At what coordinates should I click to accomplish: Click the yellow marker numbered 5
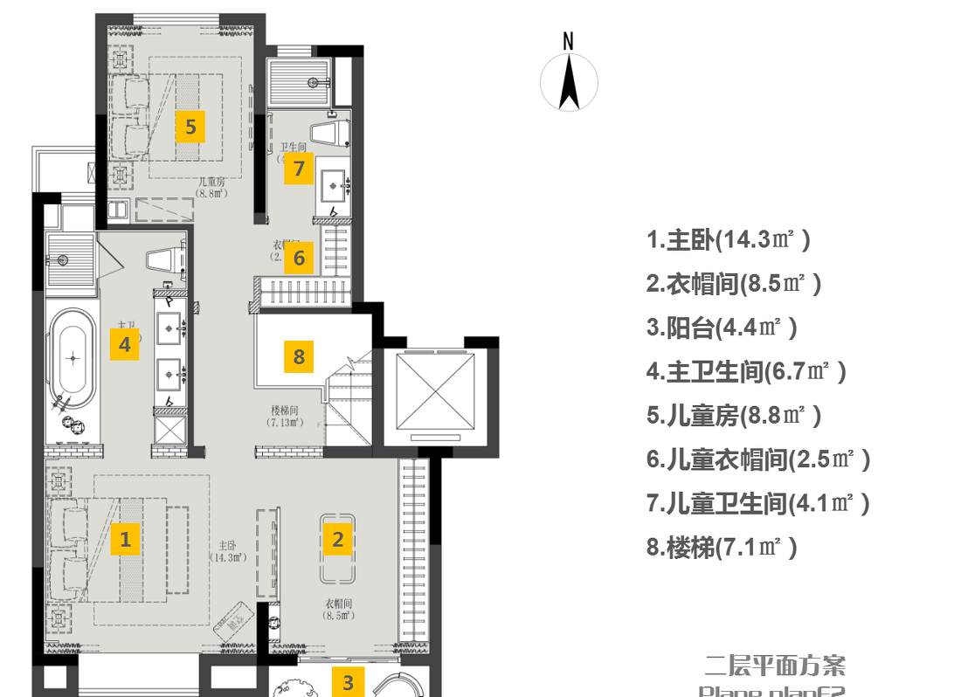pos(190,127)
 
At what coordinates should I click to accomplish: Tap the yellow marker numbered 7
pos(299,168)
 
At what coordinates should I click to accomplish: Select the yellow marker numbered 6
pos(299,258)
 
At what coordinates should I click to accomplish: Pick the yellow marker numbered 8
pos(299,356)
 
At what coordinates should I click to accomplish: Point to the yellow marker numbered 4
pos(125,344)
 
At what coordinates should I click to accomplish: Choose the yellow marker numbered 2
pos(338,539)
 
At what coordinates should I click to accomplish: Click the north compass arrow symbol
pos(570,82)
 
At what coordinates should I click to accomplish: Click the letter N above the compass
pos(569,40)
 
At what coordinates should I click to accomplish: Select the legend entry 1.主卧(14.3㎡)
pos(729,239)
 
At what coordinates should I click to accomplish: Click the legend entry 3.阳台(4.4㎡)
pos(722,328)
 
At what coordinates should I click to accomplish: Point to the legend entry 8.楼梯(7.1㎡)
pos(722,548)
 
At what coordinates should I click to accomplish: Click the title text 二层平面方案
pos(775,666)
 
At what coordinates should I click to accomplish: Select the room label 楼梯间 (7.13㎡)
pos(286,416)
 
